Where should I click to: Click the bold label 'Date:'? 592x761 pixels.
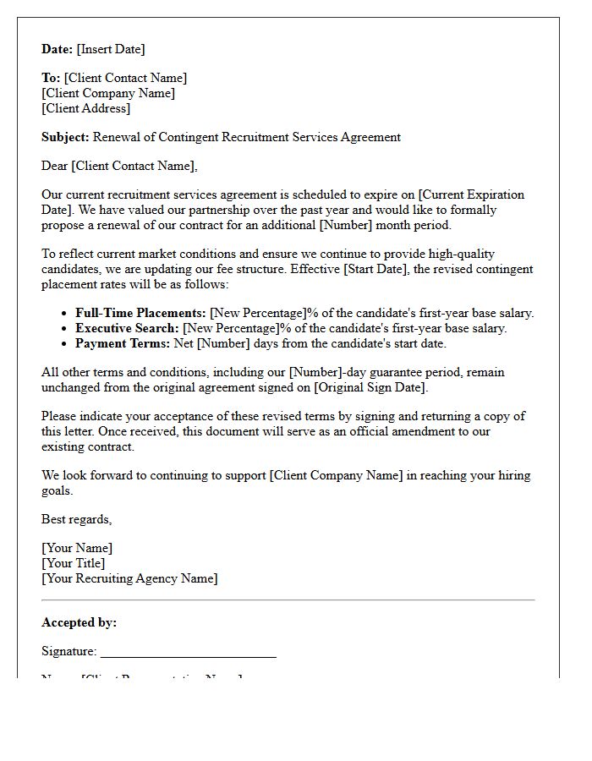point(58,49)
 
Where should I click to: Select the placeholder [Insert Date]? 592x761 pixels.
point(111,49)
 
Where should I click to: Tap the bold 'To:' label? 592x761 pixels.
point(51,78)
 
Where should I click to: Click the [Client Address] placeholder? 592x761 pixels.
point(86,108)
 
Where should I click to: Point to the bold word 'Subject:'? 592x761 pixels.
point(65,137)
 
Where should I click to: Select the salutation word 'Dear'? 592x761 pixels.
point(55,166)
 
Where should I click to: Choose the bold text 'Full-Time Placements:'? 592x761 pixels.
point(140,313)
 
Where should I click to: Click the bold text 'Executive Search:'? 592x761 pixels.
point(127,328)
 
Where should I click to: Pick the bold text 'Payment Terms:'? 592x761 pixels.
point(121,343)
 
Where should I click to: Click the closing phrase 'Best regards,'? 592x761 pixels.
point(76,519)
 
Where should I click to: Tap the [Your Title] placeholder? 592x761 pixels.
point(74,563)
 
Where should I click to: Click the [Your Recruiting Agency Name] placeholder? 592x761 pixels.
point(129,578)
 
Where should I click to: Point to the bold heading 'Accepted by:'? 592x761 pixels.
point(79,622)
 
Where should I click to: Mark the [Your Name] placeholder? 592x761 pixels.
point(77,548)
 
